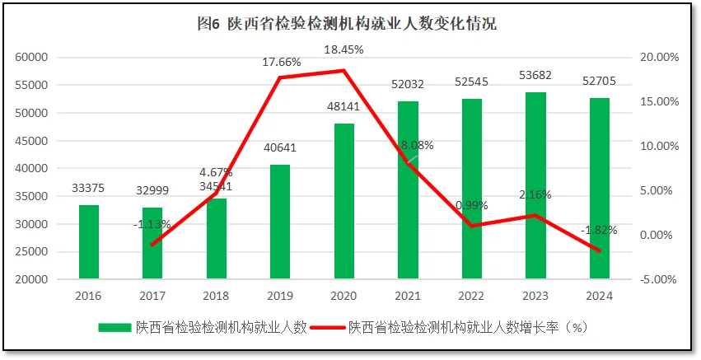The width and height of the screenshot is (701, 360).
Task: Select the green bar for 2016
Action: point(89,242)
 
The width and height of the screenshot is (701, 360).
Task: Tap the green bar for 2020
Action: point(343,201)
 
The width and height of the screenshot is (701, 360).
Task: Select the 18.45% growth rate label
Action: point(343,49)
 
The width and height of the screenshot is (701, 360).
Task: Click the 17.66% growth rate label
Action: point(280,61)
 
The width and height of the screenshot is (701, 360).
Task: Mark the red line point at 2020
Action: point(343,71)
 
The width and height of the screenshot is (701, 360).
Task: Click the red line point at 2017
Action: point(152,245)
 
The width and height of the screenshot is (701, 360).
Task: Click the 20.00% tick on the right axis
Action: point(657,57)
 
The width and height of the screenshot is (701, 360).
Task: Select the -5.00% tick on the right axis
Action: point(657,279)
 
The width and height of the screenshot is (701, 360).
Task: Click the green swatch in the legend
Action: point(114,327)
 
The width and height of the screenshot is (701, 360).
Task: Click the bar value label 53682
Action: point(535,76)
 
